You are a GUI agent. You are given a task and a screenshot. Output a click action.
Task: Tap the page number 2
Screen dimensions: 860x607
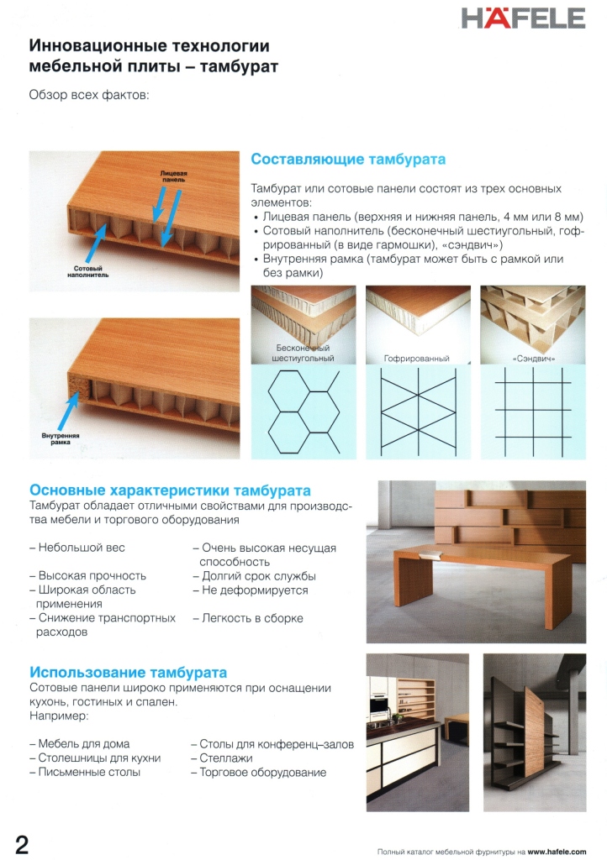pyautogui.click(x=22, y=844)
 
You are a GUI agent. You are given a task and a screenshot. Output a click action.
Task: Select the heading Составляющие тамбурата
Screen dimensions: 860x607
pyautogui.click(x=348, y=160)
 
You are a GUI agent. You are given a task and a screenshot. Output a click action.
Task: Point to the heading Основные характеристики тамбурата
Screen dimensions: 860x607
pyautogui.click(x=170, y=490)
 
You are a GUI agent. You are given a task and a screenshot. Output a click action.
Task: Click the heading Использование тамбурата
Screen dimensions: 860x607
pyautogui.click(x=128, y=673)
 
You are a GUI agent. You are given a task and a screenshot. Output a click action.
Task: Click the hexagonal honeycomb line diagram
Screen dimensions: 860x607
pyautogui.click(x=303, y=412)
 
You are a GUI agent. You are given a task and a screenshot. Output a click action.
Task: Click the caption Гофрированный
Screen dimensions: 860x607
pyautogui.click(x=416, y=359)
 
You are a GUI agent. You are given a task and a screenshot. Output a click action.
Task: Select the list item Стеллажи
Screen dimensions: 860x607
pyautogui.click(x=227, y=758)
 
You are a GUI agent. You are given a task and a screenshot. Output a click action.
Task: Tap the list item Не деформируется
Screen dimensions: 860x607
pyautogui.click(x=250, y=590)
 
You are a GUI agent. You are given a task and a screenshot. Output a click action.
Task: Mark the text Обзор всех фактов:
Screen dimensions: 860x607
pyautogui.click(x=88, y=95)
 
